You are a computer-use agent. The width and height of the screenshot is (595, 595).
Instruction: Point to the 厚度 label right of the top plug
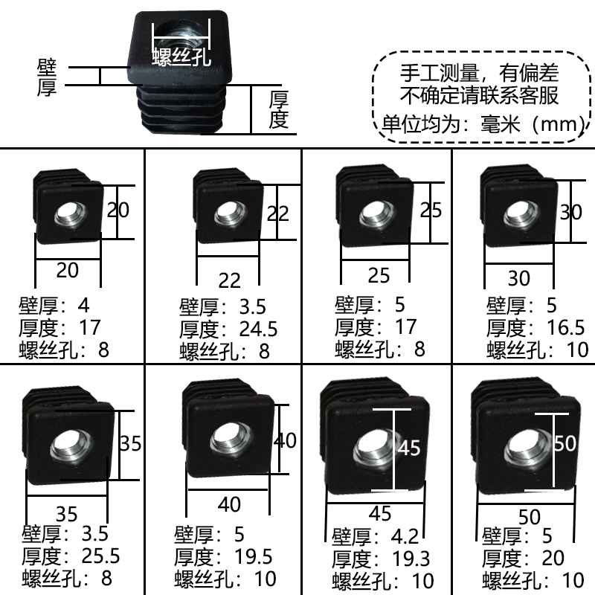click(x=278, y=109)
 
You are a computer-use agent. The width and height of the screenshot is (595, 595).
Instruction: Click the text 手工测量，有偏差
click(x=479, y=74)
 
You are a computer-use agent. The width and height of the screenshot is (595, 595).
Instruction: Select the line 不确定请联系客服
click(x=479, y=96)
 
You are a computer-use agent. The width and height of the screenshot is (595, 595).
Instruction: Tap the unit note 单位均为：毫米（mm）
click(x=479, y=123)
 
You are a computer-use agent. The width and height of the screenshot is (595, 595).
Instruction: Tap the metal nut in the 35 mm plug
click(x=65, y=447)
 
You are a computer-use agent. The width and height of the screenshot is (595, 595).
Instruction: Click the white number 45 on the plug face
click(x=409, y=448)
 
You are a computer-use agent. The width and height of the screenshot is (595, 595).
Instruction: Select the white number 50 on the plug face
click(x=565, y=443)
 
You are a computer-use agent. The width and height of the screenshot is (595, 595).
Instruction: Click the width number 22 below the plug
click(x=230, y=280)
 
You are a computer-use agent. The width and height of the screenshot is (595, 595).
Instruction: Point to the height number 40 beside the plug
click(x=285, y=440)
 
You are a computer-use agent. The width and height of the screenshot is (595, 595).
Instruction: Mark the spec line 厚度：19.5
click(x=223, y=556)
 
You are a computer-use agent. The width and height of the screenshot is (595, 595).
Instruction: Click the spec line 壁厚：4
click(x=54, y=305)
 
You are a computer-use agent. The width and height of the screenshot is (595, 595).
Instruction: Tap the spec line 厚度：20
click(x=524, y=557)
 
